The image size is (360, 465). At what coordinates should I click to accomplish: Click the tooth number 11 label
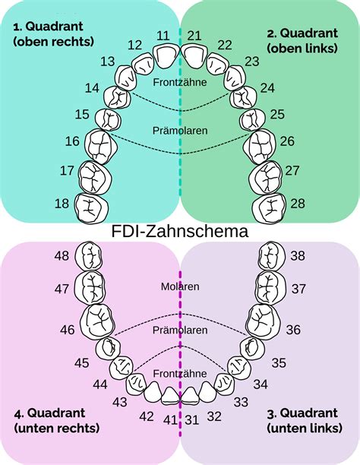point(163,36)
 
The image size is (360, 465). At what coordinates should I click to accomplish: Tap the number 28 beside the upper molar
point(298,203)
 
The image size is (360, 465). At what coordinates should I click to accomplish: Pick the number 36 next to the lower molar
point(293,329)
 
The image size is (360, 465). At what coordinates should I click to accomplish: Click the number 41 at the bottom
point(169,419)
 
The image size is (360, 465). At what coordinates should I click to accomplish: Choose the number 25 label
point(277,114)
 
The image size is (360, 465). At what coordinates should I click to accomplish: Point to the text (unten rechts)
point(57,429)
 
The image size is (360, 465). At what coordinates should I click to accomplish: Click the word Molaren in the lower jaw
point(180,286)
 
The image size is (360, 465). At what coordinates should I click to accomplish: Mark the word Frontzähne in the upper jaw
point(180,81)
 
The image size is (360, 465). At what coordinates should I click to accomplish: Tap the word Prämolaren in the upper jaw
point(180,131)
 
